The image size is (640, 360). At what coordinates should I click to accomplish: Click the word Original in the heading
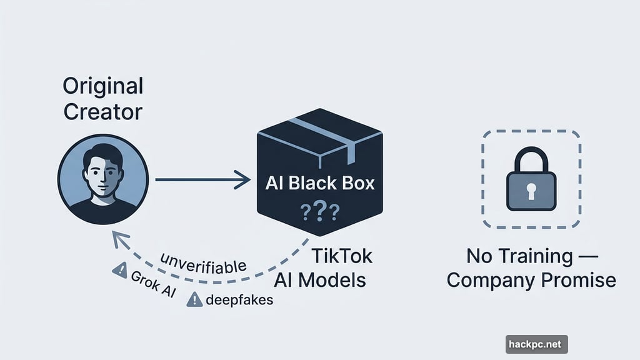[103, 86]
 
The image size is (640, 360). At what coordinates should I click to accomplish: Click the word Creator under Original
[103, 112]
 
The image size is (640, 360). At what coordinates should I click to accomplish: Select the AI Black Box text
[320, 183]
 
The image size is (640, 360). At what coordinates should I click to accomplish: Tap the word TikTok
[341, 256]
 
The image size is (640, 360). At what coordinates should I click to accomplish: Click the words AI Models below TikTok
[320, 279]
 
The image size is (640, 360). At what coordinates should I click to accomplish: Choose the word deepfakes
[239, 300]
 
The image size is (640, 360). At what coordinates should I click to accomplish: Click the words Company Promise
[531, 279]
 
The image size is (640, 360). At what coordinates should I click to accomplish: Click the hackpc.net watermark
[536, 344]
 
